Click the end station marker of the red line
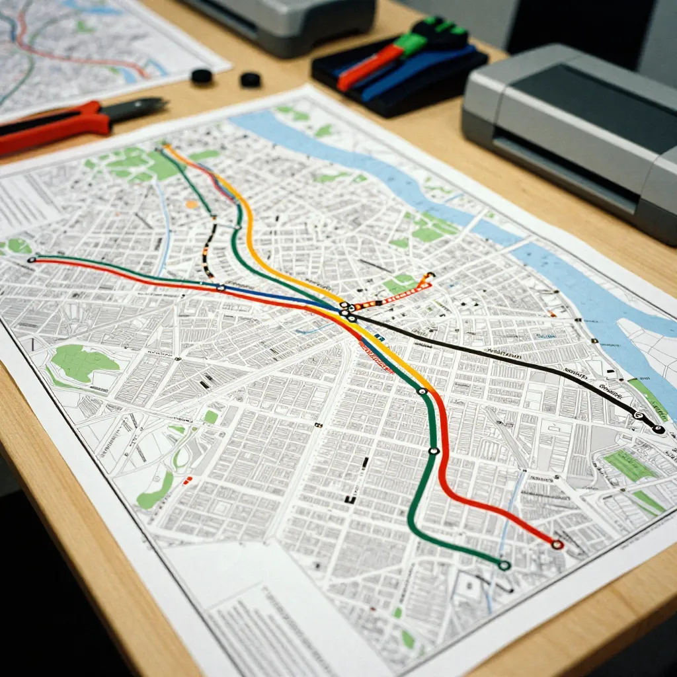click(557, 544)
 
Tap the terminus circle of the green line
click(504, 565)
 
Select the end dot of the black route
click(658, 429)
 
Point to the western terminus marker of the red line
click(31, 260)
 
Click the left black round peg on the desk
click(201, 76)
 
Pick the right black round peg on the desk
click(250, 80)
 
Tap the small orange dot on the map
click(192, 204)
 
